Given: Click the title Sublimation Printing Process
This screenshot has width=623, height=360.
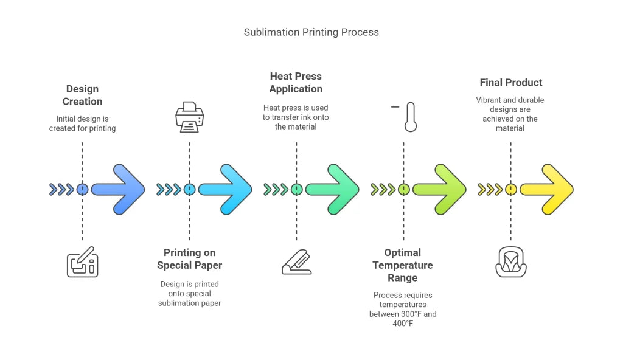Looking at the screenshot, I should click(311, 32).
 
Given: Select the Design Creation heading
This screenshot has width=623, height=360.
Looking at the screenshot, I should click(82, 95).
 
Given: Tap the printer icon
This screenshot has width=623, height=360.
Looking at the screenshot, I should click(189, 117).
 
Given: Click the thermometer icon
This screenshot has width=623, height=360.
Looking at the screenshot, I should click(410, 117).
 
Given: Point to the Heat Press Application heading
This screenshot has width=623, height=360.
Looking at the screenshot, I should click(296, 82).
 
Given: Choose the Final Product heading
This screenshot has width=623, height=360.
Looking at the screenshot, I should click(510, 83).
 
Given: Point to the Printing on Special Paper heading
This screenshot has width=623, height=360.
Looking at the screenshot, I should click(189, 258).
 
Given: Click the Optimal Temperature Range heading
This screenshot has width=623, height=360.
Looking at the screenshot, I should click(403, 265).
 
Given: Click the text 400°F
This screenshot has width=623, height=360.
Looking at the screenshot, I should click(402, 324).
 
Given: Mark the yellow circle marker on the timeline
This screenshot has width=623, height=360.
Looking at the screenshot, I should click(510, 189).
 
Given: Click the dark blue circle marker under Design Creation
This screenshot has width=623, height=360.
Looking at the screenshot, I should click(82, 189).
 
